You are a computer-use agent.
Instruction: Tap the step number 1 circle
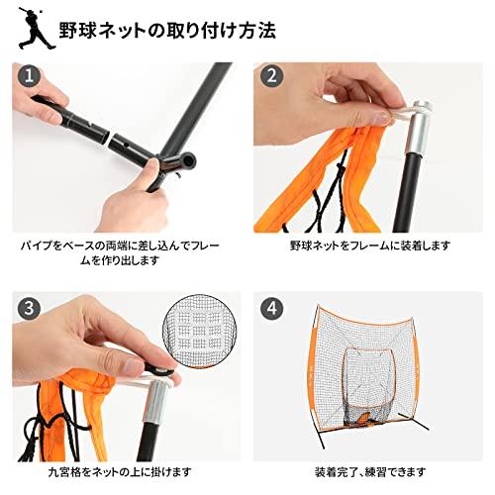31,77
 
